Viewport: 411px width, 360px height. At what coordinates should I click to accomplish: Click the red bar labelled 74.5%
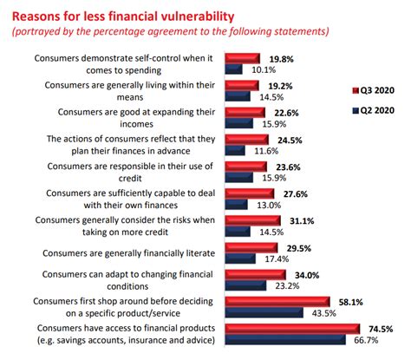click(292, 328)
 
